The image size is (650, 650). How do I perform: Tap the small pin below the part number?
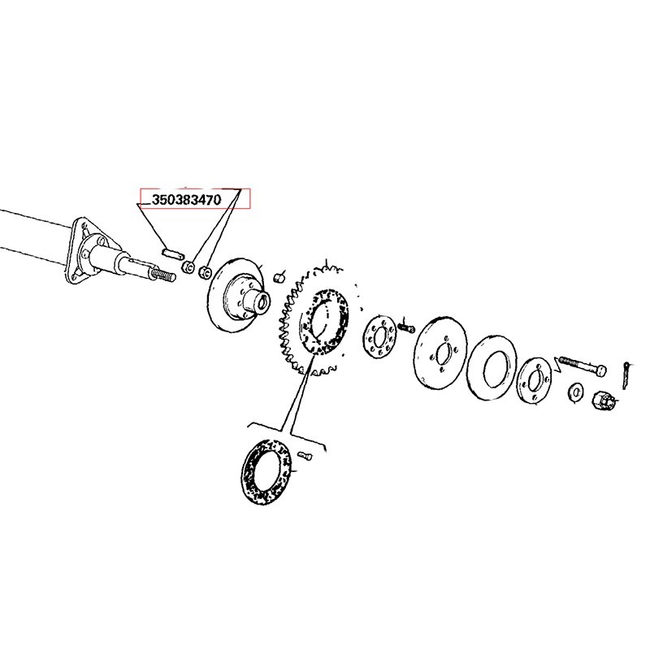click(171, 252)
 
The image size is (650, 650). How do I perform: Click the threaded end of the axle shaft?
click(165, 277)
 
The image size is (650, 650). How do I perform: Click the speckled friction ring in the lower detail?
click(266, 472)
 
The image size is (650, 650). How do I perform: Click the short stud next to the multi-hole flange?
click(408, 327)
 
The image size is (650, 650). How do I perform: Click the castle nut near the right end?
click(602, 401)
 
